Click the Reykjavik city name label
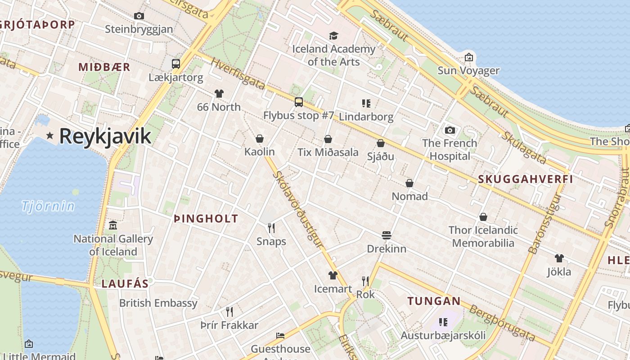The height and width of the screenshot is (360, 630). (105, 135)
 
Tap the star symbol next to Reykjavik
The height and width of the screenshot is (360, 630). (50, 135)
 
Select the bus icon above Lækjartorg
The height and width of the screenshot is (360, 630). (176, 64)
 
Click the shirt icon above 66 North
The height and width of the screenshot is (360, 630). (219, 94)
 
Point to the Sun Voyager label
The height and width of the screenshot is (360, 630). (468, 71)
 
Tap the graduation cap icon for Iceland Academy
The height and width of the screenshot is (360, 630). (333, 36)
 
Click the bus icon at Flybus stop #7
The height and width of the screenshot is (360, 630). (299, 102)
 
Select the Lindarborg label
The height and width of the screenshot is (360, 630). (366, 117)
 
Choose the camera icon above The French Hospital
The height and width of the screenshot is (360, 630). (450, 130)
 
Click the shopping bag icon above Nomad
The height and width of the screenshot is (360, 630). (409, 183)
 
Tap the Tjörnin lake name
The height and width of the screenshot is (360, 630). (48, 206)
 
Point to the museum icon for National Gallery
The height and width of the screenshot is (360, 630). (113, 225)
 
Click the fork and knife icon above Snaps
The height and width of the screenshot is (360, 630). (271, 228)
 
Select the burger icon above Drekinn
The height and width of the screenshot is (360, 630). (387, 235)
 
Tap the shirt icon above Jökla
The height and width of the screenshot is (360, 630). (559, 258)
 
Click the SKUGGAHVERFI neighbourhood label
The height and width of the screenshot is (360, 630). (525, 179)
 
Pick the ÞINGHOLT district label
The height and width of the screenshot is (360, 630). (206, 219)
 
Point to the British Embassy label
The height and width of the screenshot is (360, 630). (158, 303)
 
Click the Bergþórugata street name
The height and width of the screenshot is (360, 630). (502, 323)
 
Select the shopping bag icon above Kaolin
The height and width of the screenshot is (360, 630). (260, 139)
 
